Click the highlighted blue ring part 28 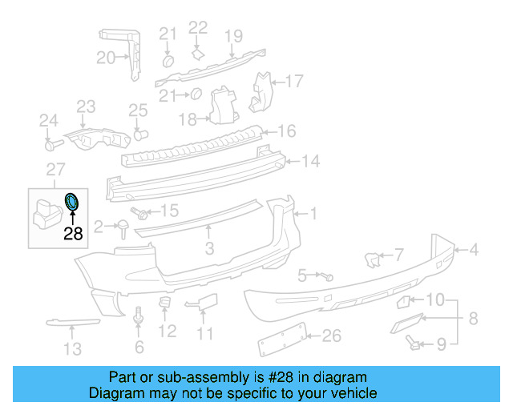point(71,203)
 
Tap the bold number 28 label point(73,234)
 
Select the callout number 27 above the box point(55,169)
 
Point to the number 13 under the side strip point(73,348)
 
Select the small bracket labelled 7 point(372,259)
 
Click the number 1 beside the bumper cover point(313,214)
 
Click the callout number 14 point(310,161)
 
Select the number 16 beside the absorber point(287,131)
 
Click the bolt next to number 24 point(52,145)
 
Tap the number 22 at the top point(198,28)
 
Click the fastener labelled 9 point(414,342)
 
